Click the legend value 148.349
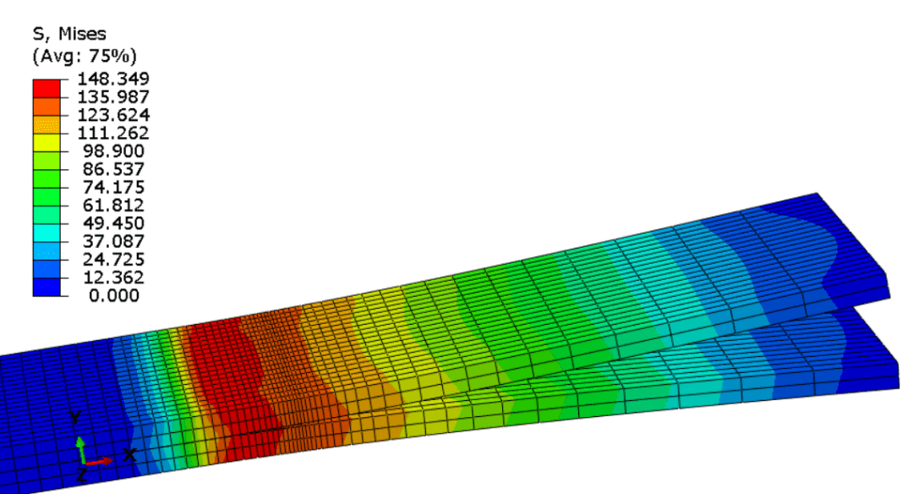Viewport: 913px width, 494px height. (113, 79)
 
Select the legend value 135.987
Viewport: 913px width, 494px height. (113, 96)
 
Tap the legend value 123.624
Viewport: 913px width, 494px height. (113, 115)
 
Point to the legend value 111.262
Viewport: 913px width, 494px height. (113, 133)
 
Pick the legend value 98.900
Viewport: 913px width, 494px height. (113, 151)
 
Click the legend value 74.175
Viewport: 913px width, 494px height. (113, 187)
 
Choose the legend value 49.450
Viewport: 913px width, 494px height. (113, 223)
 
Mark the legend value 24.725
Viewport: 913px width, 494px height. (113, 259)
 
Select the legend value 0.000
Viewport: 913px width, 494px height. (114, 295)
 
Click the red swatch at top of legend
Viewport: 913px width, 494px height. (46, 88)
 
